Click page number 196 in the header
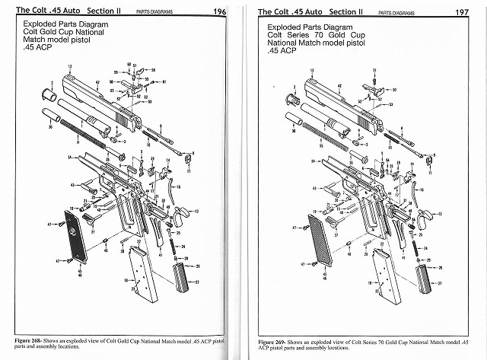(x=219, y=11)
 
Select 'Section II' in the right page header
(x=345, y=11)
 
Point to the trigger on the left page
(x=181, y=216)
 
